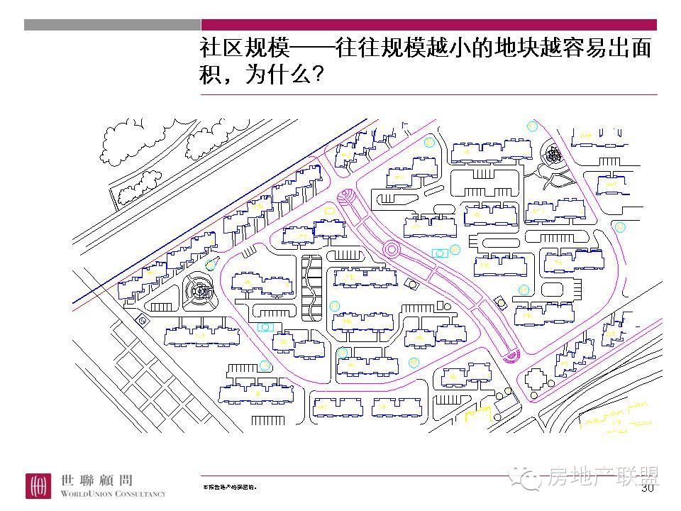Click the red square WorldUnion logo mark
tap(40, 486)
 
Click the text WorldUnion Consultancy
tap(113, 493)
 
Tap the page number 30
tap(647, 488)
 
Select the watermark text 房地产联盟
tap(603, 478)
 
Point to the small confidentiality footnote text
tap(230, 488)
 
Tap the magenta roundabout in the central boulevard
tap(391, 249)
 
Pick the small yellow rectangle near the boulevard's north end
tap(328, 211)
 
